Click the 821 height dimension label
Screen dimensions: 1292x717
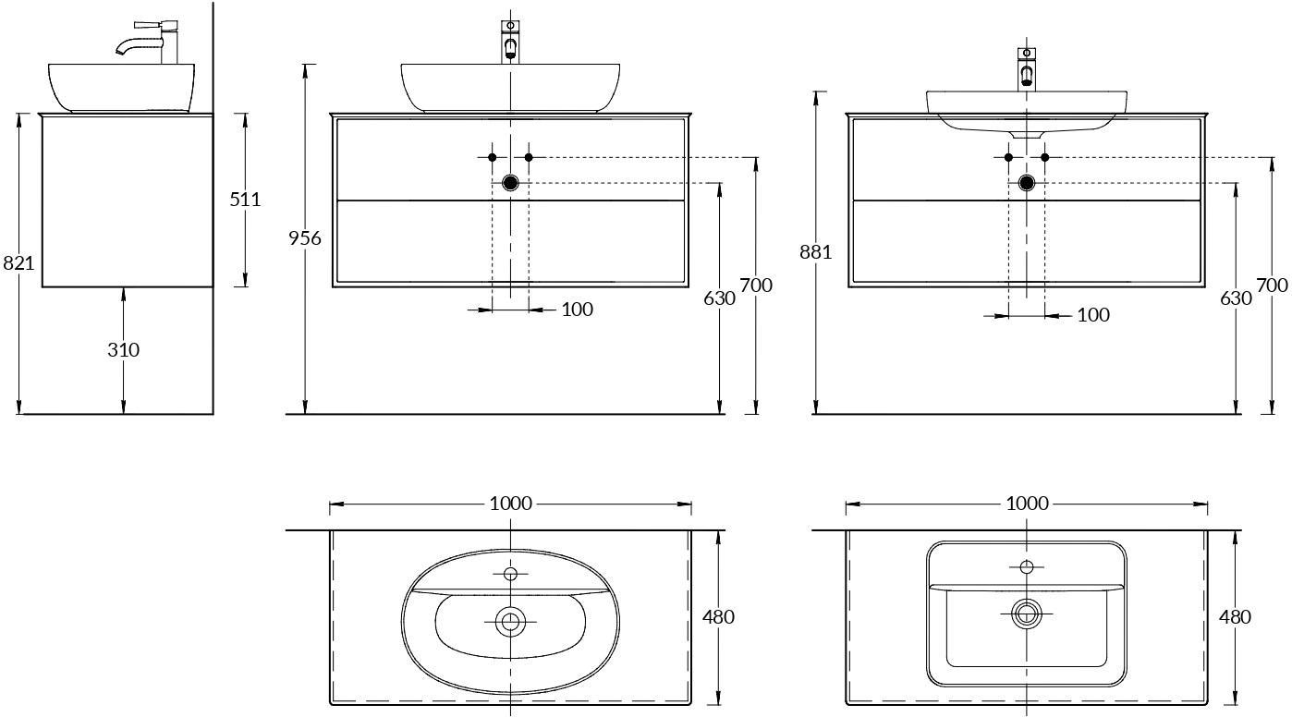18,263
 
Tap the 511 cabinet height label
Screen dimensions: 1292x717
245,200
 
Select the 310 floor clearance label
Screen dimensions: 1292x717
124,349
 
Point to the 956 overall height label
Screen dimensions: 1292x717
305,237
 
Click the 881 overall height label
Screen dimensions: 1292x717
815,252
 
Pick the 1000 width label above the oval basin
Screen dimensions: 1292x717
510,504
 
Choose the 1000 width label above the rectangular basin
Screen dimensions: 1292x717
1027,504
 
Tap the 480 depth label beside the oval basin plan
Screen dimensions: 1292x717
718,617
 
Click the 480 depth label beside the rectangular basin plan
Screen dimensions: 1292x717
1235,617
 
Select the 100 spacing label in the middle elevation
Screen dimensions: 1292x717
578,310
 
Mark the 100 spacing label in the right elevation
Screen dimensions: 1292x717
1093,315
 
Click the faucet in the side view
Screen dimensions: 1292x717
148,42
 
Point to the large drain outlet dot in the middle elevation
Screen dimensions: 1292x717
510,183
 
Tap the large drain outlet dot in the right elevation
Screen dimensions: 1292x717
1027,183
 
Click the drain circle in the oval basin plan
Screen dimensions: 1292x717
510,621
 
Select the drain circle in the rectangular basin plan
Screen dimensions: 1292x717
1027,614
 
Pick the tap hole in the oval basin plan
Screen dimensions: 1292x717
510,574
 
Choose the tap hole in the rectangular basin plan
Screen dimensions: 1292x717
1027,567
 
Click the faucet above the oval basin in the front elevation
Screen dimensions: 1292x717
510,42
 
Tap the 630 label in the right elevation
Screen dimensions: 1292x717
1236,298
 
